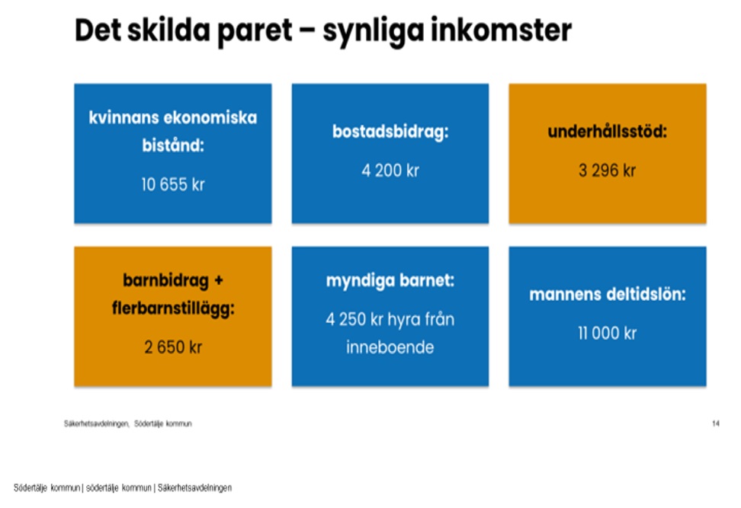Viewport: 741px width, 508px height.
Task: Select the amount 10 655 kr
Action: [173, 184]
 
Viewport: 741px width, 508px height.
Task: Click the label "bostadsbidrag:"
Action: [390, 132]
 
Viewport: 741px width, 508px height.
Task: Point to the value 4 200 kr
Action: [390, 171]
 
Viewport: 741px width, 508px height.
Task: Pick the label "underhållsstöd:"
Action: [608, 131]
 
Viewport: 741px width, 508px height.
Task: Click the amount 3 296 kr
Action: [608, 171]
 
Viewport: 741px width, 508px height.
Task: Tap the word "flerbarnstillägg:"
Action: [173, 309]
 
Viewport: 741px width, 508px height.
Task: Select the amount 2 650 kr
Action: [173, 347]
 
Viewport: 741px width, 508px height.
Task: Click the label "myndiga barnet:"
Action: [390, 281]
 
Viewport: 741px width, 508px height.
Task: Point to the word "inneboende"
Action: [390, 347]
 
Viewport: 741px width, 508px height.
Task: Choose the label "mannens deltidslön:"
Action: [608, 295]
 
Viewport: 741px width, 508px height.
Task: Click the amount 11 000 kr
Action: [608, 334]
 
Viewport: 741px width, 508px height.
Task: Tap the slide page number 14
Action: [716, 423]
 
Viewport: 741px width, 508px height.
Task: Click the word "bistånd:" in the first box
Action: [173, 145]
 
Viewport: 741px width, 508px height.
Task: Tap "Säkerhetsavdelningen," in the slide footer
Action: [96, 424]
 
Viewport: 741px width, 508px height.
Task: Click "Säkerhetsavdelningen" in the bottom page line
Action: [194, 487]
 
